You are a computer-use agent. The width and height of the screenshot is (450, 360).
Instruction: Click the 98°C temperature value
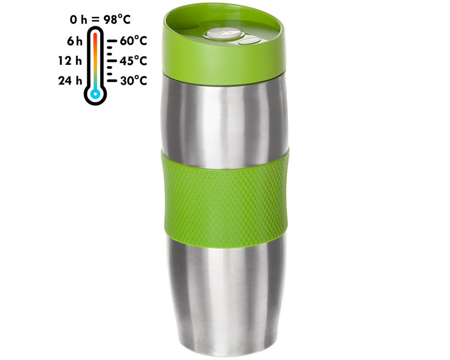pyautogui.click(x=117, y=19)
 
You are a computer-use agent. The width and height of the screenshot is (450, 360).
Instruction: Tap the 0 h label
pyautogui.click(x=78, y=20)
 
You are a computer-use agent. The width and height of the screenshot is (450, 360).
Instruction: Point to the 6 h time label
pyautogui.click(x=75, y=41)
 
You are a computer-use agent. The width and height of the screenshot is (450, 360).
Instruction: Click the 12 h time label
pyautogui.click(x=70, y=61)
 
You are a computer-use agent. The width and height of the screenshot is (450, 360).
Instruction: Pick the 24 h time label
pyautogui.click(x=70, y=81)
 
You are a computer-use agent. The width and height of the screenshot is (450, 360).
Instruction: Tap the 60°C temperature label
pyautogui.click(x=134, y=41)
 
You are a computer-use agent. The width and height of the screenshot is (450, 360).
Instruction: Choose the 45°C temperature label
pyautogui.click(x=134, y=61)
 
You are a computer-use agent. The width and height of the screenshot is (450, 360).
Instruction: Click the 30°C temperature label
pyautogui.click(x=134, y=81)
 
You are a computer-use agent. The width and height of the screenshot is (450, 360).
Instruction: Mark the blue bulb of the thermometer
pyautogui.click(x=95, y=94)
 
